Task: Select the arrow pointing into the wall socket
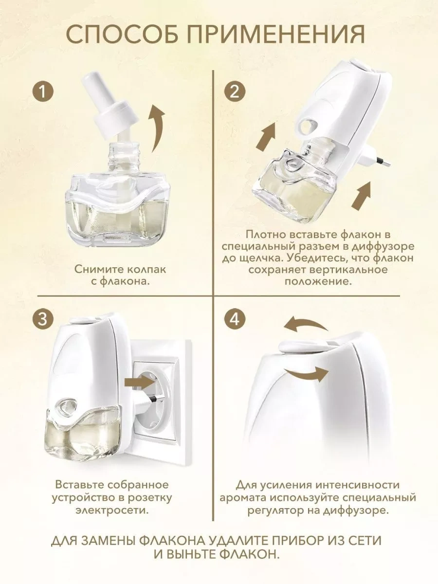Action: (x=140, y=380)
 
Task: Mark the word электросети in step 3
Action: (x=112, y=511)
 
